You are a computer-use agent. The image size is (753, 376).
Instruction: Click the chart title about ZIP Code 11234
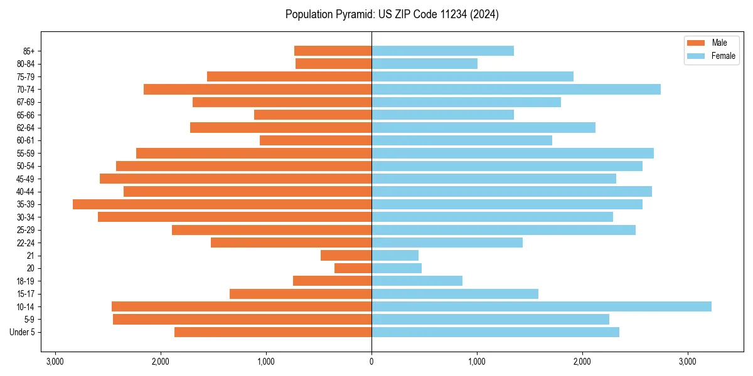click(x=392, y=14)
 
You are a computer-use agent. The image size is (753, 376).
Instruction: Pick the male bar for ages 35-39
click(x=222, y=204)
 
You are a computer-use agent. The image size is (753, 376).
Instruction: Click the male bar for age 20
click(x=353, y=268)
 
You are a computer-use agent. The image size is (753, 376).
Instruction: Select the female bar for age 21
click(x=395, y=255)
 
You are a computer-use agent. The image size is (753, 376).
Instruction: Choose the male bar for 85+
click(x=333, y=51)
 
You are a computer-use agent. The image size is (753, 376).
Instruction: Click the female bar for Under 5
click(x=495, y=332)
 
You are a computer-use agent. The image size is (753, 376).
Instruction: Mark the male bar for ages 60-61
click(x=316, y=140)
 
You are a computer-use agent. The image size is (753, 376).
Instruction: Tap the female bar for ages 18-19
click(x=417, y=281)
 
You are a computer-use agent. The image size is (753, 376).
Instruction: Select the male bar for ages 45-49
click(x=235, y=179)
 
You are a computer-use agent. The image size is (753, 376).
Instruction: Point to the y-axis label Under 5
click(x=23, y=332)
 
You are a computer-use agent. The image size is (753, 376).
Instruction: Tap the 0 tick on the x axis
click(x=371, y=361)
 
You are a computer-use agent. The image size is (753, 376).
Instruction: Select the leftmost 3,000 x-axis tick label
click(x=55, y=361)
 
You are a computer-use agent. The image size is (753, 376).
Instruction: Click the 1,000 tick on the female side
click(x=477, y=361)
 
